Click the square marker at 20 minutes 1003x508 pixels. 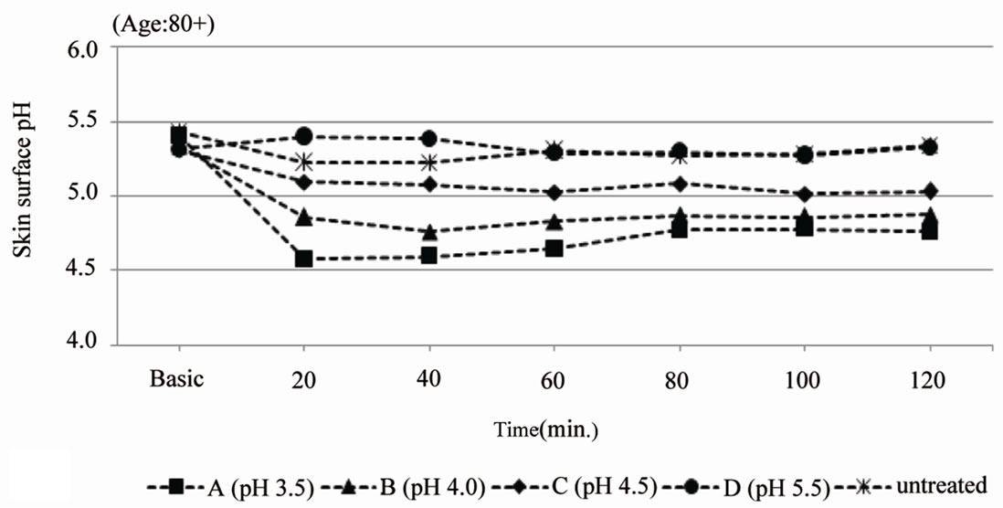point(303,259)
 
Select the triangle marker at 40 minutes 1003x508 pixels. point(428,232)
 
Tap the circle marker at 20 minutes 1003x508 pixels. point(303,136)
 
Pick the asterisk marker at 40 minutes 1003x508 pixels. point(428,163)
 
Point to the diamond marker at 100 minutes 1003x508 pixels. point(804,194)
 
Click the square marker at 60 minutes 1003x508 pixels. point(554,248)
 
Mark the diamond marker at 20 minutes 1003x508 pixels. point(303,182)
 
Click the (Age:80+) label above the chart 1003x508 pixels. point(162,24)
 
